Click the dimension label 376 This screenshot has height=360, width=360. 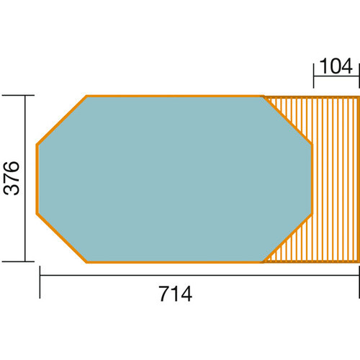[x=11, y=178]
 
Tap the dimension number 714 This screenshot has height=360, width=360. [x=176, y=294]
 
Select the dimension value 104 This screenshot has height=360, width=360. [x=336, y=66]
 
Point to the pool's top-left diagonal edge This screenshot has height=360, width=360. [x=62, y=120]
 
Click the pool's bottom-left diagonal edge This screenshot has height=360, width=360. [x=62, y=238]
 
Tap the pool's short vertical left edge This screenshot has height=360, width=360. [x=37, y=179]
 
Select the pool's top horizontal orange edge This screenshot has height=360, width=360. [x=174, y=96]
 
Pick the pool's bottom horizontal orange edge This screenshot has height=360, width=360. [x=174, y=262]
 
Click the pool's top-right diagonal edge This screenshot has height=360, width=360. [x=287, y=120]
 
